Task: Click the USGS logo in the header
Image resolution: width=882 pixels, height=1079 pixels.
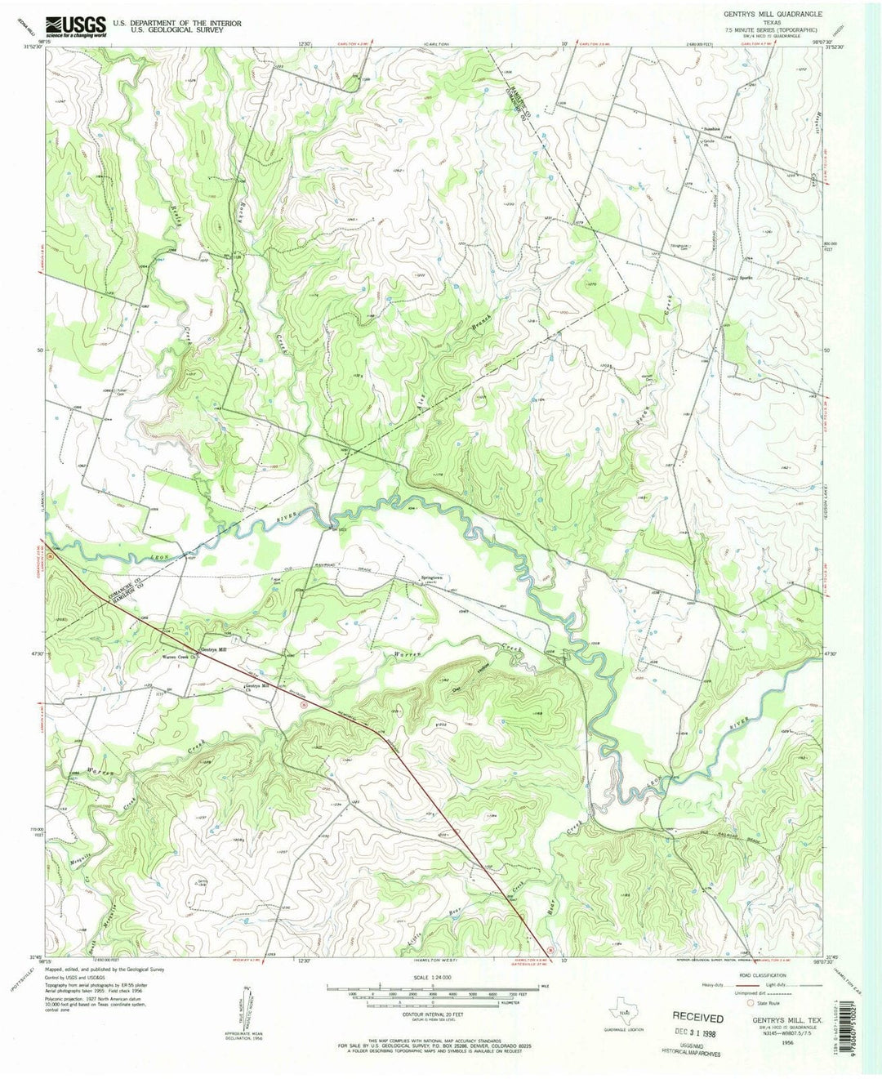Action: (76, 26)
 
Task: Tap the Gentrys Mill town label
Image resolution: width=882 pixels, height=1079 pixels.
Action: (213, 649)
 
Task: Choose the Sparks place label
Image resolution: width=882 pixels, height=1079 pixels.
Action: (745, 276)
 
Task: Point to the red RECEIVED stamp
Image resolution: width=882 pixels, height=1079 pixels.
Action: (697, 1018)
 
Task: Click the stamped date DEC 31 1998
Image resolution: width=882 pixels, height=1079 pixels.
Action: (697, 1032)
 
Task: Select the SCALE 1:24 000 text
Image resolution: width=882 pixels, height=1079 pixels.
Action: (432, 977)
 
